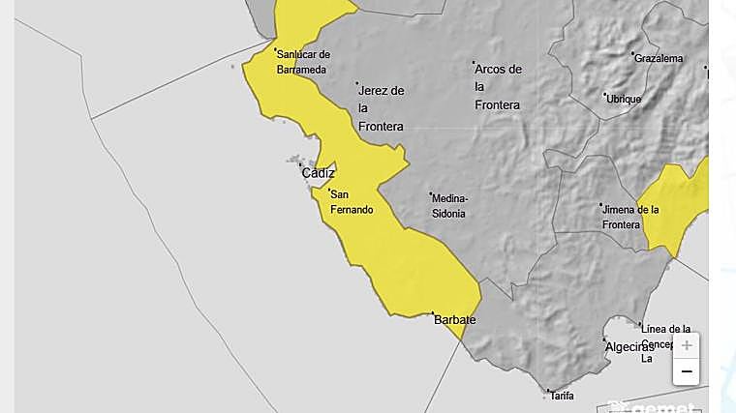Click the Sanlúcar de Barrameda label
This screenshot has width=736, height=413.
point(303,62)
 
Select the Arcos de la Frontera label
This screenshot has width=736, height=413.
point(499,87)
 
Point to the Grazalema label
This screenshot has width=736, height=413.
point(659,59)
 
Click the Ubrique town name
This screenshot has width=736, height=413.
point(624,99)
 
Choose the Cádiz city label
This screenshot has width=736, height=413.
point(319,173)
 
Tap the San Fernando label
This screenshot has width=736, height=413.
point(352,202)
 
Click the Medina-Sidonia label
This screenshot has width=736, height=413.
point(449,205)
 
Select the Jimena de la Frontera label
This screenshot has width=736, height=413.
point(630,217)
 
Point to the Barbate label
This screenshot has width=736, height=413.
point(455,319)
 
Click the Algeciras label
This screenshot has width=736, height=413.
point(629,347)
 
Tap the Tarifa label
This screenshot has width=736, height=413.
point(562,396)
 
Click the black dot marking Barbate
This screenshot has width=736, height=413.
point(433,313)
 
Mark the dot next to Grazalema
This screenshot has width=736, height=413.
point(633,54)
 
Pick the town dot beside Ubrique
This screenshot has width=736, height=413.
point(605,95)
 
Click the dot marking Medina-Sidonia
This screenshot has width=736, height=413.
point(431,194)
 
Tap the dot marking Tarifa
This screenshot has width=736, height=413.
point(549,392)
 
